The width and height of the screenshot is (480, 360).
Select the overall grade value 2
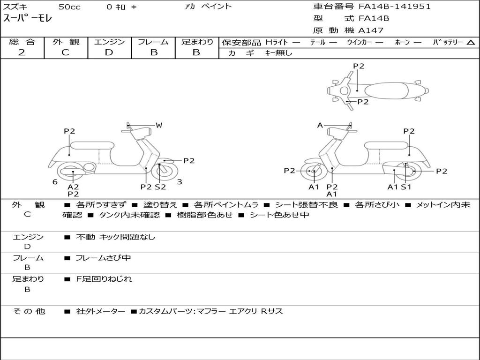(x=22, y=52)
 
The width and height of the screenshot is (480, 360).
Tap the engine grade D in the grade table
(x=109, y=52)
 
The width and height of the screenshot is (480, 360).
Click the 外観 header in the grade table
(x=66, y=42)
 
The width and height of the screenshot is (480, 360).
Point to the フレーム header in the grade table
(x=153, y=42)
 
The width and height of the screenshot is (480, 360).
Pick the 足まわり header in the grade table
(x=197, y=42)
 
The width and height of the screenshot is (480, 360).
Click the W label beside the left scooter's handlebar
(x=159, y=125)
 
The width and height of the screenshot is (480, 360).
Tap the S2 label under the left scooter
(x=160, y=187)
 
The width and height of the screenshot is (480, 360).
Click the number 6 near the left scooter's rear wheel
(x=55, y=182)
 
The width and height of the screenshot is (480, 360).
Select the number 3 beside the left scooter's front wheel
(x=180, y=182)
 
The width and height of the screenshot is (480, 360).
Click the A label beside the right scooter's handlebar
(x=320, y=125)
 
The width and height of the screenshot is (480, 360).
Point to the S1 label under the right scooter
(x=406, y=187)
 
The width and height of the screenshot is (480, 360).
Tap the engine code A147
(x=371, y=30)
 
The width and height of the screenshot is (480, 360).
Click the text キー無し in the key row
(x=278, y=53)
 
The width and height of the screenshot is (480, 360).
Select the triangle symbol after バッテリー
(x=471, y=42)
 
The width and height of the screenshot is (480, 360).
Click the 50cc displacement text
(x=69, y=7)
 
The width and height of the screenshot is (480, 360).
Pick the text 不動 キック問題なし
(x=115, y=237)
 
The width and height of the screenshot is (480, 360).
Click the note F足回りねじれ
(x=104, y=279)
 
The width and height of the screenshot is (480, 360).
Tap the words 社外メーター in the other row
(x=100, y=311)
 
